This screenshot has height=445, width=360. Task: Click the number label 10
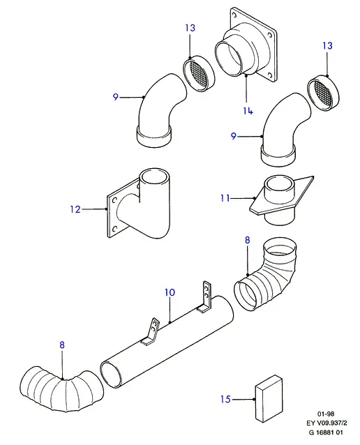click(x=170, y=292)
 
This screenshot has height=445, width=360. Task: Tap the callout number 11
click(x=225, y=198)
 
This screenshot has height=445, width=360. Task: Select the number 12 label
click(x=75, y=209)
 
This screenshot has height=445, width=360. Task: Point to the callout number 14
click(x=248, y=111)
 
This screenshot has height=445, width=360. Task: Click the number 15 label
click(x=225, y=399)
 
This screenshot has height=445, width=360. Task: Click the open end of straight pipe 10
click(x=112, y=375)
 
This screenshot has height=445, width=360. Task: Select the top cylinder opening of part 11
click(x=280, y=184)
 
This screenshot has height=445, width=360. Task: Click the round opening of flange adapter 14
click(x=230, y=59)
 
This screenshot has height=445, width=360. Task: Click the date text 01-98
click(x=326, y=414)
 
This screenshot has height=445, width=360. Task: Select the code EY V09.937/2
click(x=327, y=423)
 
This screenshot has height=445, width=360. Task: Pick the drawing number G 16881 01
click(x=326, y=432)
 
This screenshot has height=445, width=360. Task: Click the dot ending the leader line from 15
click(x=254, y=400)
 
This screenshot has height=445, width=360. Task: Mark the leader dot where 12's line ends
click(x=107, y=209)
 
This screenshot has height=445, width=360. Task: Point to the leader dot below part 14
click(x=246, y=75)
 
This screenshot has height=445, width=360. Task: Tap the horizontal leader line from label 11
click(x=243, y=198)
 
